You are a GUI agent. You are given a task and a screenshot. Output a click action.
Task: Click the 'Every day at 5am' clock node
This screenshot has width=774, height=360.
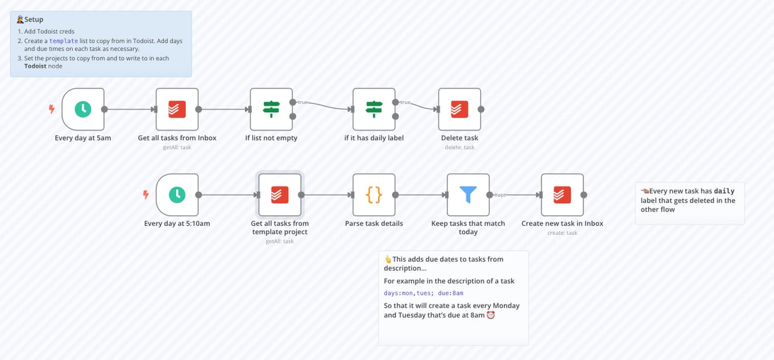83,109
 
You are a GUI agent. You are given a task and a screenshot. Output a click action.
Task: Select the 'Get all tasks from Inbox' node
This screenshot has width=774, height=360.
177,109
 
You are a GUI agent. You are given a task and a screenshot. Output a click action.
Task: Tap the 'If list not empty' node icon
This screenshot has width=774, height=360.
271,109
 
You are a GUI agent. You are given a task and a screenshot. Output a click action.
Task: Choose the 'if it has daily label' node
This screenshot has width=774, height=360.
374,109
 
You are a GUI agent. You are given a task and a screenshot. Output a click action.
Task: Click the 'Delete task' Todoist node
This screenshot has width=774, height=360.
459,109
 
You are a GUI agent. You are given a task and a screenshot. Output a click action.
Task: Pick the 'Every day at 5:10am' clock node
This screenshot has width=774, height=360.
177,195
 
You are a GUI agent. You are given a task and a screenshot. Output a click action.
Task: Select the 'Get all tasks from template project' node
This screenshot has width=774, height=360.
280,195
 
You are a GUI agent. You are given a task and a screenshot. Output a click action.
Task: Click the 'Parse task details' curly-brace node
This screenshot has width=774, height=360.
374,195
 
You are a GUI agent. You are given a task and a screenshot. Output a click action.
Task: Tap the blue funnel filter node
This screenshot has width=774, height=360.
468,195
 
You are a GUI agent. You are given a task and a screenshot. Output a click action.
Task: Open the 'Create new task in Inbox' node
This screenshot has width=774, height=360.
562,195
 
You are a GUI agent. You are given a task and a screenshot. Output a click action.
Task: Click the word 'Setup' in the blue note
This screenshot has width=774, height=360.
34,20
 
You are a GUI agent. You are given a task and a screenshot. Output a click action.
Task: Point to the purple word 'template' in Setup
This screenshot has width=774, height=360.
64,41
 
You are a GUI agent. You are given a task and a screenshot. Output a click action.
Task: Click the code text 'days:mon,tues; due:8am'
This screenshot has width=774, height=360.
424,293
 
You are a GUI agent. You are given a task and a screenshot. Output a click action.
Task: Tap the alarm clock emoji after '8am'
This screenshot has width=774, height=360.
491,314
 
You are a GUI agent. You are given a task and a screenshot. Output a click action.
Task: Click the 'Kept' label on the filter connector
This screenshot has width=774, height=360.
500,195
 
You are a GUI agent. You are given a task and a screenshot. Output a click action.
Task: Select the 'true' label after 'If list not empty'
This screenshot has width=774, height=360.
303,102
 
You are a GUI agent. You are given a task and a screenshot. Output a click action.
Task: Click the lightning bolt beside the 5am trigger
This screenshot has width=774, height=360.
52,109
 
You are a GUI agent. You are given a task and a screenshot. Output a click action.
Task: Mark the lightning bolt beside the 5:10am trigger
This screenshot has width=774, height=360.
146,195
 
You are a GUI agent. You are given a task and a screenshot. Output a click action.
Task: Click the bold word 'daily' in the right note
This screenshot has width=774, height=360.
724,191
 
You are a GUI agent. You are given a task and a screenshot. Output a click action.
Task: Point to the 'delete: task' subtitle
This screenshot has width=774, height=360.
459,147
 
